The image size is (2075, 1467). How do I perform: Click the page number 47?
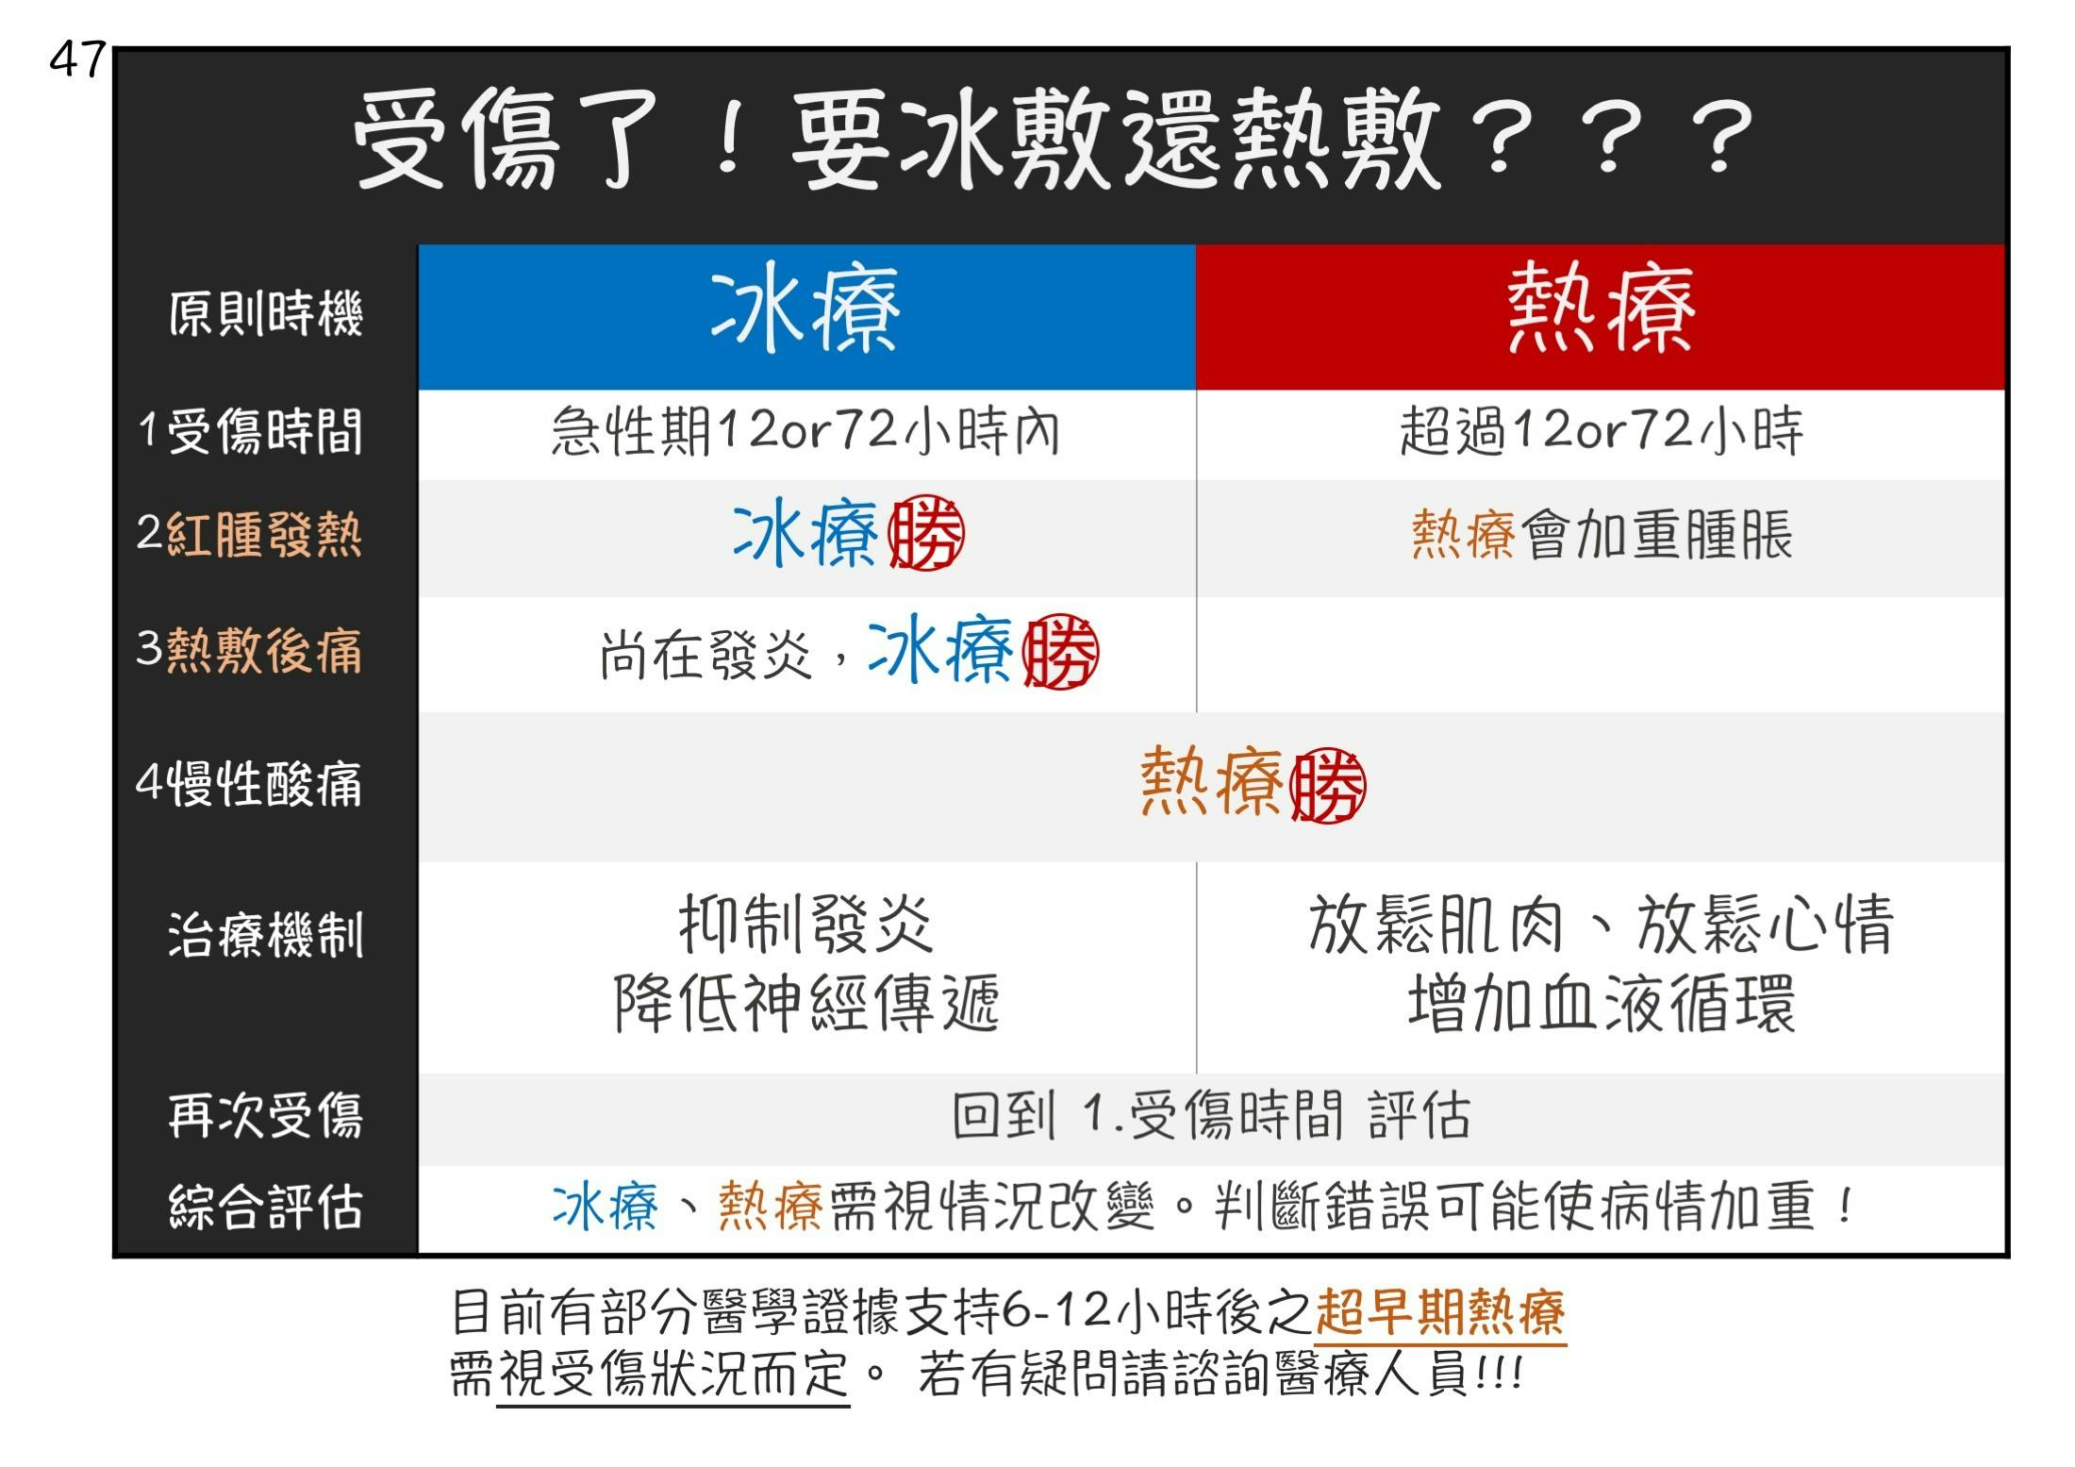click(x=77, y=59)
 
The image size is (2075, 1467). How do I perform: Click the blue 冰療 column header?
click(x=806, y=316)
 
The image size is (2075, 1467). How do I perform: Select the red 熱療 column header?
click(x=1601, y=316)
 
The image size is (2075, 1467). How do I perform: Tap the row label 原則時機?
click(x=265, y=313)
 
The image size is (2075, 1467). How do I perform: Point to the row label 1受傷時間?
click(x=250, y=432)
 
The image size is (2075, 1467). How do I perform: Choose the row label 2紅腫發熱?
click(x=249, y=534)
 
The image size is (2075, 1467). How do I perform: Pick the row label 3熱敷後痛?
click(x=249, y=650)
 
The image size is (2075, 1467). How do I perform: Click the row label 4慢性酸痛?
click(x=249, y=783)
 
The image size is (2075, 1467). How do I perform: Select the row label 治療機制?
click(x=265, y=935)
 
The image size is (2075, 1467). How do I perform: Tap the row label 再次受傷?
click(x=265, y=1115)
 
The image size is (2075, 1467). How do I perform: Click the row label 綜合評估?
click(x=265, y=1206)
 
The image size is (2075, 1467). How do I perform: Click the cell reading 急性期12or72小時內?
click(x=806, y=431)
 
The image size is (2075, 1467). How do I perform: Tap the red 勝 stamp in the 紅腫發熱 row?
click(x=926, y=533)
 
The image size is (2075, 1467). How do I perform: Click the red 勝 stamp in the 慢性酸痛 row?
click(x=1327, y=785)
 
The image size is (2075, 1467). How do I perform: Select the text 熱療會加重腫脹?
click(x=1602, y=534)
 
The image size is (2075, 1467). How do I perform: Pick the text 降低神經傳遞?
click(x=806, y=1003)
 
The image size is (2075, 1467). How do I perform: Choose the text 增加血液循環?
click(x=1602, y=1003)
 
